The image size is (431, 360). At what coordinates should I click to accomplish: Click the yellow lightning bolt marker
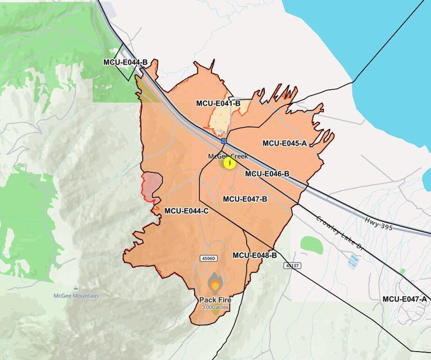click(230, 163)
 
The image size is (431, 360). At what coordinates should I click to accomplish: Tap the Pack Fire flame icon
click(215, 283)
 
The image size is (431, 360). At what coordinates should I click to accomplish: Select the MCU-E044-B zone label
click(125, 62)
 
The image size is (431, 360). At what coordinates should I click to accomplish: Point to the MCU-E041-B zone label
click(218, 103)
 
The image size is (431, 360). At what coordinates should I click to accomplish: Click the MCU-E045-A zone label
click(285, 143)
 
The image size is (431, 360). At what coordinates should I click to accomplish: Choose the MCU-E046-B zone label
click(267, 174)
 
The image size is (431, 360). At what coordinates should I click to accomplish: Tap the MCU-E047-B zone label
click(245, 199)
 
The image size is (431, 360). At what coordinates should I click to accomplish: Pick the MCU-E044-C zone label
click(186, 211)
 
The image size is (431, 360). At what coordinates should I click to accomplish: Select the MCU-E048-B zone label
click(254, 256)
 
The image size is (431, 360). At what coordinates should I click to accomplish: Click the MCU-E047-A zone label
click(405, 299)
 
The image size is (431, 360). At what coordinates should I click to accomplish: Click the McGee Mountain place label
click(76, 296)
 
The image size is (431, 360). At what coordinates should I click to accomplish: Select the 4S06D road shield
click(208, 258)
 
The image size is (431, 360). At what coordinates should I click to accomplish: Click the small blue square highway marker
click(224, 141)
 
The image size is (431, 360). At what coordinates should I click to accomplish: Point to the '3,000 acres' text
click(215, 307)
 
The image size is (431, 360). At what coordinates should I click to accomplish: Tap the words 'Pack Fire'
click(215, 300)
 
